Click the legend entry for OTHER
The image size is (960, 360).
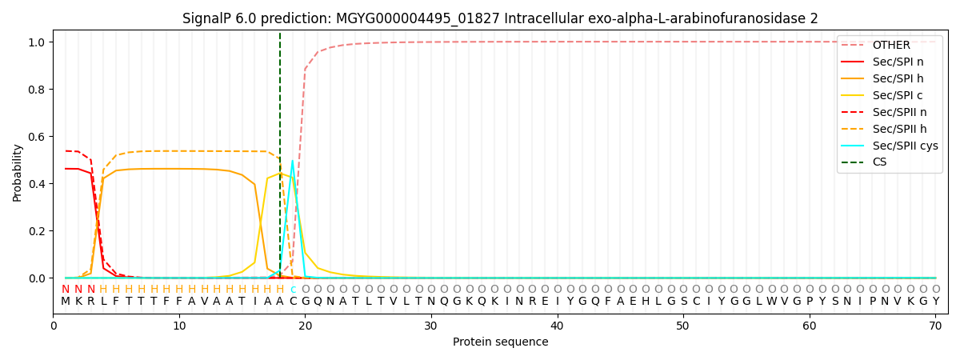point(890,45)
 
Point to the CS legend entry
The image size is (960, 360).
point(879,162)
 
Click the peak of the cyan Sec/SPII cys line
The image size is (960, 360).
point(292,161)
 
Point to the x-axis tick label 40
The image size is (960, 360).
point(557,326)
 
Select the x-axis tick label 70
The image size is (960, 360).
point(935,326)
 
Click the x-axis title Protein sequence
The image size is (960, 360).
point(500,342)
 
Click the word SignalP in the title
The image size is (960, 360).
point(208,18)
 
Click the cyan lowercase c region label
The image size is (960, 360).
point(293,289)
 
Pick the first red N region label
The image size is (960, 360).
point(66,289)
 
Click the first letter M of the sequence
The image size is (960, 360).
point(66,302)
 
